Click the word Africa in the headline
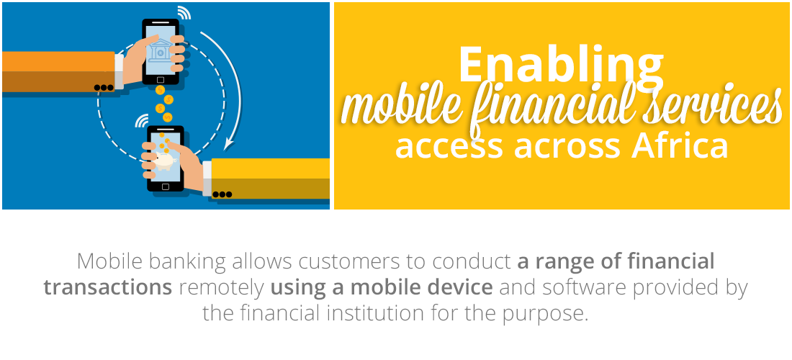(x=680, y=145)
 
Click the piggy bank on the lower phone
(x=164, y=161)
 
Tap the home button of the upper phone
(x=161, y=80)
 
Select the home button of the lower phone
(x=165, y=186)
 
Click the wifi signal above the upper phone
(x=184, y=13)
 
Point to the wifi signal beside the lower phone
(x=142, y=121)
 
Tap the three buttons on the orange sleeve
(x=104, y=88)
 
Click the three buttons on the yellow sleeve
(x=222, y=194)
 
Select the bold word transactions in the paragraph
(x=107, y=287)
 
